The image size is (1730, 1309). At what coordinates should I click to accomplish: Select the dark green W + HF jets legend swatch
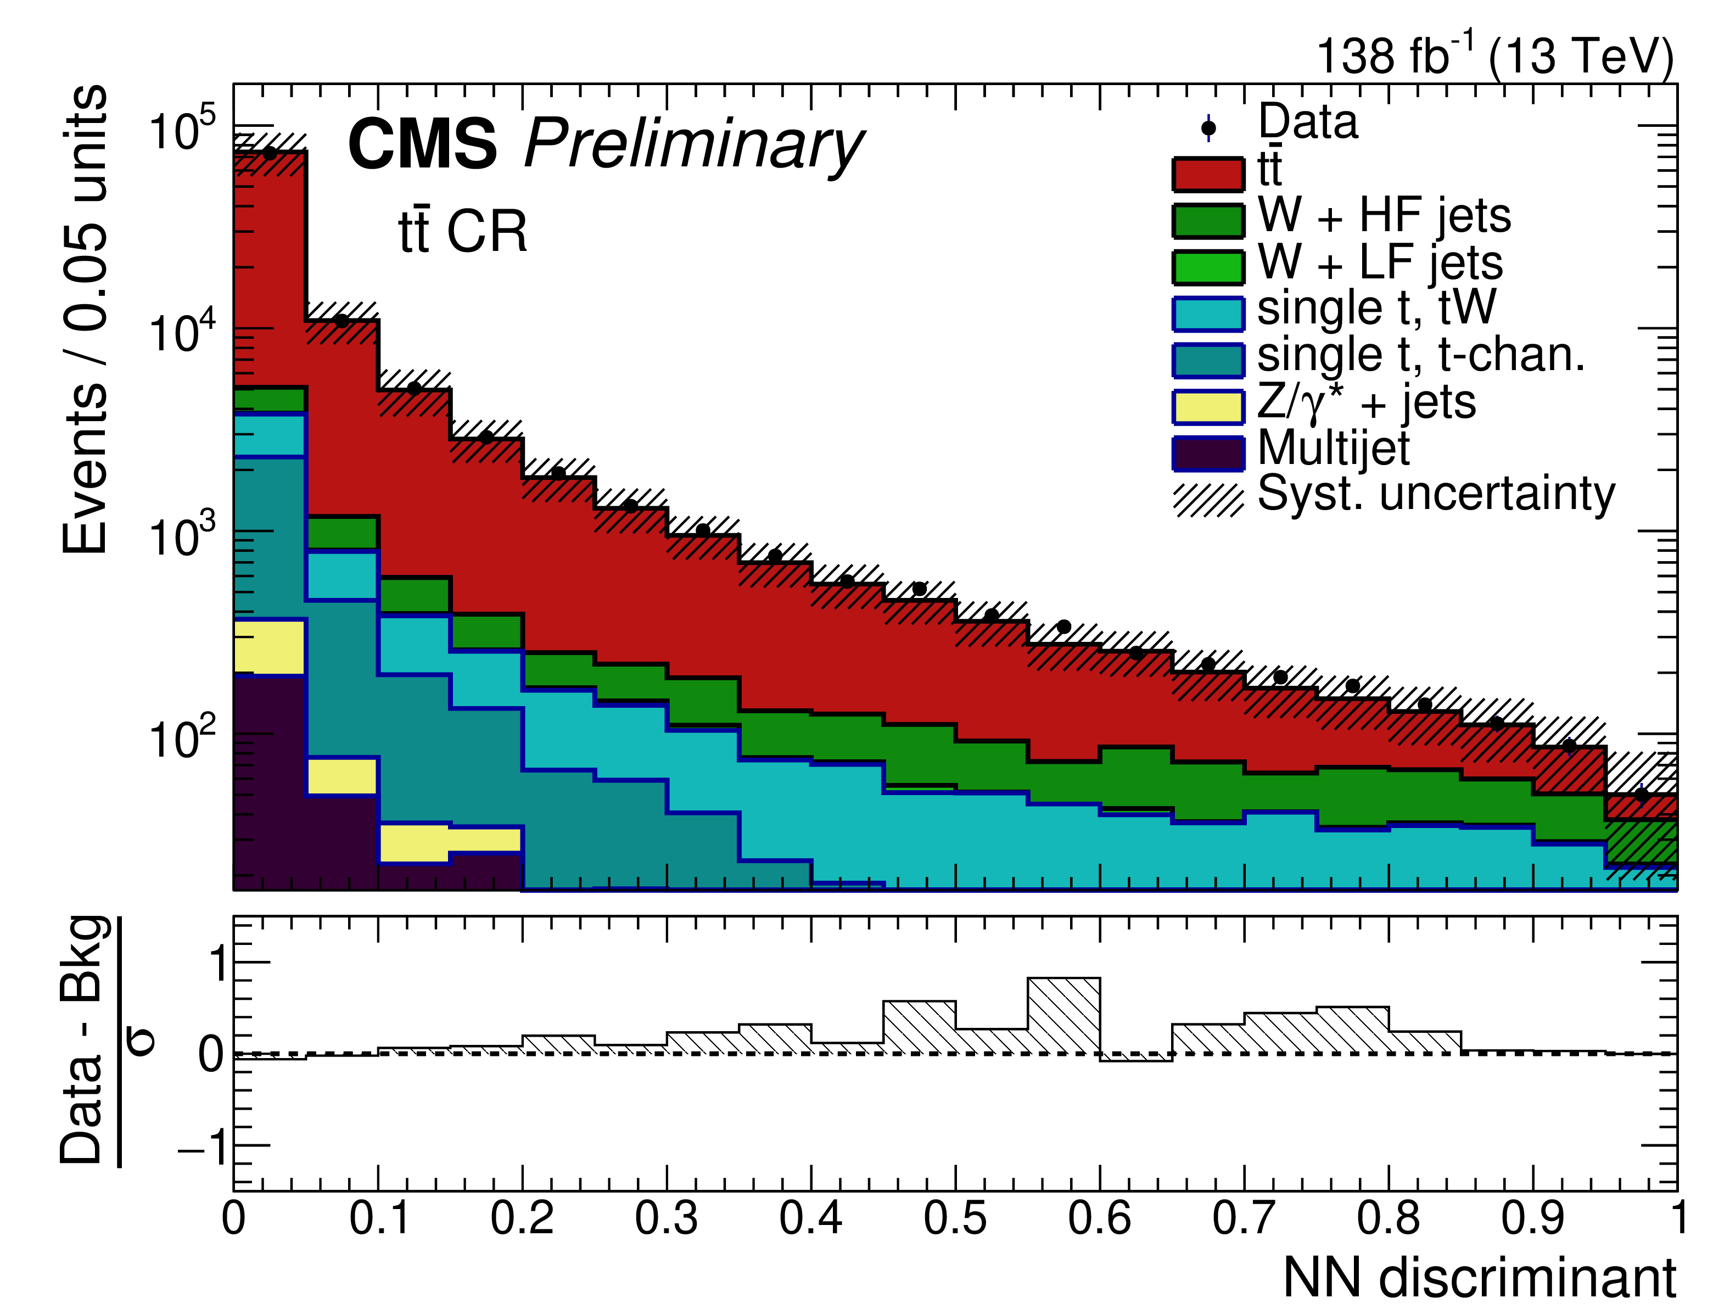coord(1207,221)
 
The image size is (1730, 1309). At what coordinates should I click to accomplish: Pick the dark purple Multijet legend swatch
coord(1207,454)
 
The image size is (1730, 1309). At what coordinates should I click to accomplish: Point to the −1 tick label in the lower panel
coord(202,1147)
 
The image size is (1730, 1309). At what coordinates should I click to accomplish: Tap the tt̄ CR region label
coord(463,232)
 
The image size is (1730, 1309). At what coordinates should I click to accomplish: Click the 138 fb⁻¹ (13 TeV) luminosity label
coord(1494,57)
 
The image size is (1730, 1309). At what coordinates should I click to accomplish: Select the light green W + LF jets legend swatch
coord(1207,267)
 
